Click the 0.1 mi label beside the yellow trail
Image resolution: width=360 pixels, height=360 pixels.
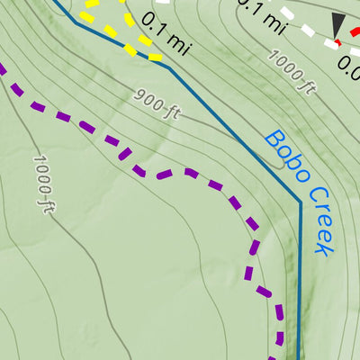166,32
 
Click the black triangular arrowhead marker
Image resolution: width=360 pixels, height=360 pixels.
337,26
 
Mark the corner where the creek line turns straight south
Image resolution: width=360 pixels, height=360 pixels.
300,202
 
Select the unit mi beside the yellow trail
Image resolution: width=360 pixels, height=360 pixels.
178,39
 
